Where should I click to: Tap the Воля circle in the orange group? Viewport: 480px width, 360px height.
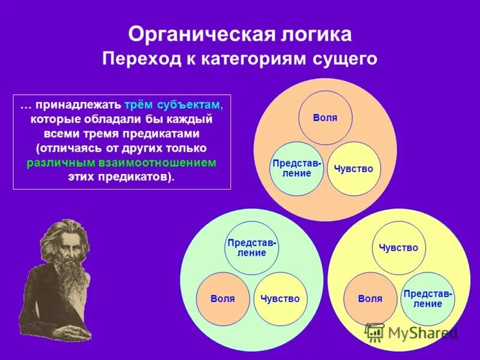click(x=325, y=118)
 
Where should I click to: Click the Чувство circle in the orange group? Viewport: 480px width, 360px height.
click(x=354, y=169)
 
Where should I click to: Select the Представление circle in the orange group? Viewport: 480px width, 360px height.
click(x=296, y=169)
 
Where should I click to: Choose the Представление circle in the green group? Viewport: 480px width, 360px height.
click(x=252, y=248)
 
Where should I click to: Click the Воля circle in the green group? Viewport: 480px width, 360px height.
click(x=223, y=298)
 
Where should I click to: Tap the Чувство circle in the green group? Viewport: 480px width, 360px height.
click(x=280, y=298)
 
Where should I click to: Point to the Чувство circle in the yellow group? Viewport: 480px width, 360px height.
click(x=398, y=248)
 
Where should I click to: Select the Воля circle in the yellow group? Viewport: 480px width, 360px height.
click(x=370, y=298)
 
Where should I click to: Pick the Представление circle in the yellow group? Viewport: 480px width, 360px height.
click(x=428, y=298)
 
